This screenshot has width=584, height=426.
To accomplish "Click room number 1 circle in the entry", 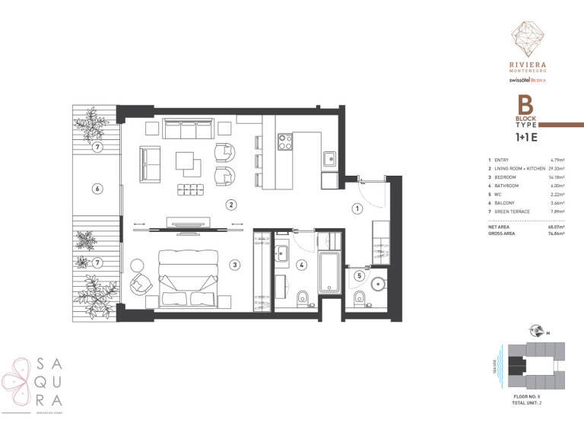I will click(355, 208).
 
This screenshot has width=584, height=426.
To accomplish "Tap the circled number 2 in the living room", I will click(230, 204).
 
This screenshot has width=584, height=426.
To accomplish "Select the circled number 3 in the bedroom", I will click(235, 265).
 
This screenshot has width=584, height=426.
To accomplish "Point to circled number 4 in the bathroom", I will click(302, 265).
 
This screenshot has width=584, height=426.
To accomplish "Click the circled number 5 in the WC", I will click(360, 275).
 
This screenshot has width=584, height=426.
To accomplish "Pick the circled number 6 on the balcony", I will click(97, 188).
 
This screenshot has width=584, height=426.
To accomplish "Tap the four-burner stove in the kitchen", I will click(285, 142).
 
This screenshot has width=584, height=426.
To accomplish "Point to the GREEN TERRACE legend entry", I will click(516, 211).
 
